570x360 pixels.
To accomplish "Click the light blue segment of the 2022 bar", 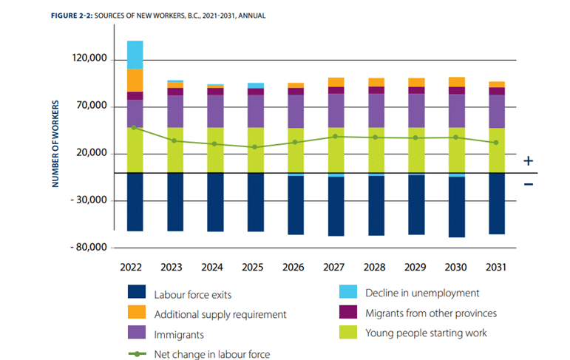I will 135,55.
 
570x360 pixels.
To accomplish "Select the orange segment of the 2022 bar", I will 135,80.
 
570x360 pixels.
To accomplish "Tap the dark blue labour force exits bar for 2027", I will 336,206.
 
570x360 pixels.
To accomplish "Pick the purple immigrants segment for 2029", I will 416,110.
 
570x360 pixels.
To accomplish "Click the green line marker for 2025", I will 255,147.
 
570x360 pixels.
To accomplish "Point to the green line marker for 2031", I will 497,142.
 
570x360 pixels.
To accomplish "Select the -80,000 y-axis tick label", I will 87,247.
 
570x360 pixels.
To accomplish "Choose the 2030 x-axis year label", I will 456,266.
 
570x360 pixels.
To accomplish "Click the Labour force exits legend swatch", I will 137,293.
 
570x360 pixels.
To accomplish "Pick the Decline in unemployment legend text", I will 422,293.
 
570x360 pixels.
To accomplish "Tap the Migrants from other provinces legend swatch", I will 347,313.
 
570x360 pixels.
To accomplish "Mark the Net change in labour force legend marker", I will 137,353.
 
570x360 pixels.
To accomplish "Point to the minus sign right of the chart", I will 528,183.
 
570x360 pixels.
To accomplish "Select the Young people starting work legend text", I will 426,333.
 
